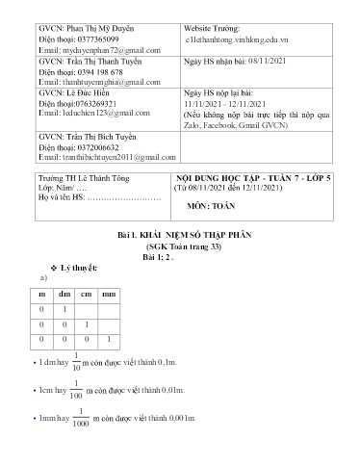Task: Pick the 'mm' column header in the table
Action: pos(108,294)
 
